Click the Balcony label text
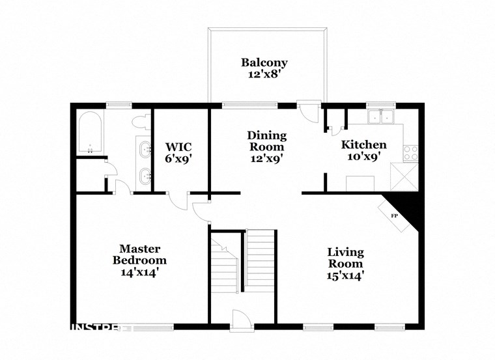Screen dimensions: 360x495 point(264,63)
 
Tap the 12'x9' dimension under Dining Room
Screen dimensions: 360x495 point(266,157)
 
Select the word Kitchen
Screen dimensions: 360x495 point(364,145)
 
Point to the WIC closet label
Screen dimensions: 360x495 point(178,146)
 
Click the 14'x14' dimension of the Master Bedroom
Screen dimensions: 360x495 point(139,272)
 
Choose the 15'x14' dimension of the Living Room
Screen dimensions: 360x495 point(345,275)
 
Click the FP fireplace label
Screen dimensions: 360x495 point(394,215)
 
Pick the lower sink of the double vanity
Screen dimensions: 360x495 point(143,174)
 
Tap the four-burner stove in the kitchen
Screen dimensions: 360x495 point(411,152)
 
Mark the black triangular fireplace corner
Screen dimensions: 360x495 point(408,206)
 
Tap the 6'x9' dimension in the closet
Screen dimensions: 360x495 point(178,158)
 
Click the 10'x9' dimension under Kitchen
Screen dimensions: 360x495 point(363,157)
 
